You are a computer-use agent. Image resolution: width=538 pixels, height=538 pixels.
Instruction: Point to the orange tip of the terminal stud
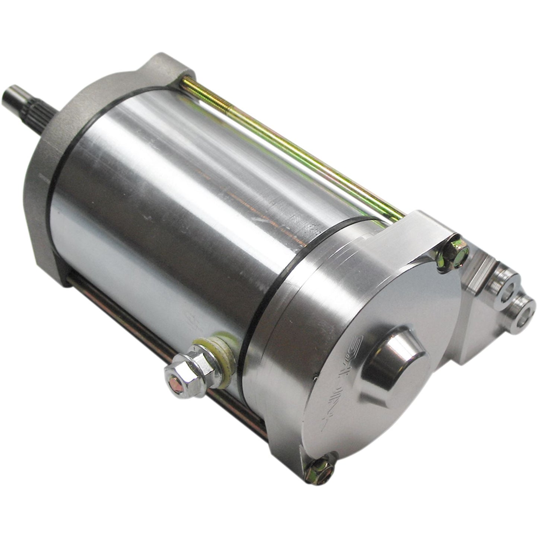[175, 384]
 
